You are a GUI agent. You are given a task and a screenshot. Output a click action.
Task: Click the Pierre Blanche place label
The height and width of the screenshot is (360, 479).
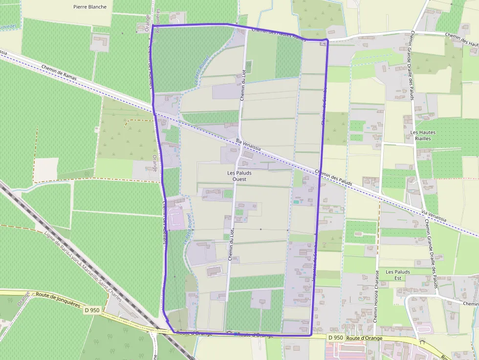(89, 7)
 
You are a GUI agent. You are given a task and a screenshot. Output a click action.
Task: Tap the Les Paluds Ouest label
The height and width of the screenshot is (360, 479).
(237, 176)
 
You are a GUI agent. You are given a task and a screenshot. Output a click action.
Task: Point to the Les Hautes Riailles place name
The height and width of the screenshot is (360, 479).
(423, 135)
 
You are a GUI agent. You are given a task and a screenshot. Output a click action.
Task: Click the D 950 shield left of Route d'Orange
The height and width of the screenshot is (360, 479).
(335, 338)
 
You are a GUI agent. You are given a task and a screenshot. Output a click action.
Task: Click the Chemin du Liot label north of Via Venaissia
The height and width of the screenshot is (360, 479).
(243, 85)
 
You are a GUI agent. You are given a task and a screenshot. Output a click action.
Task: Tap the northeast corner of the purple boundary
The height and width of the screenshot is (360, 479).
(327, 40)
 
